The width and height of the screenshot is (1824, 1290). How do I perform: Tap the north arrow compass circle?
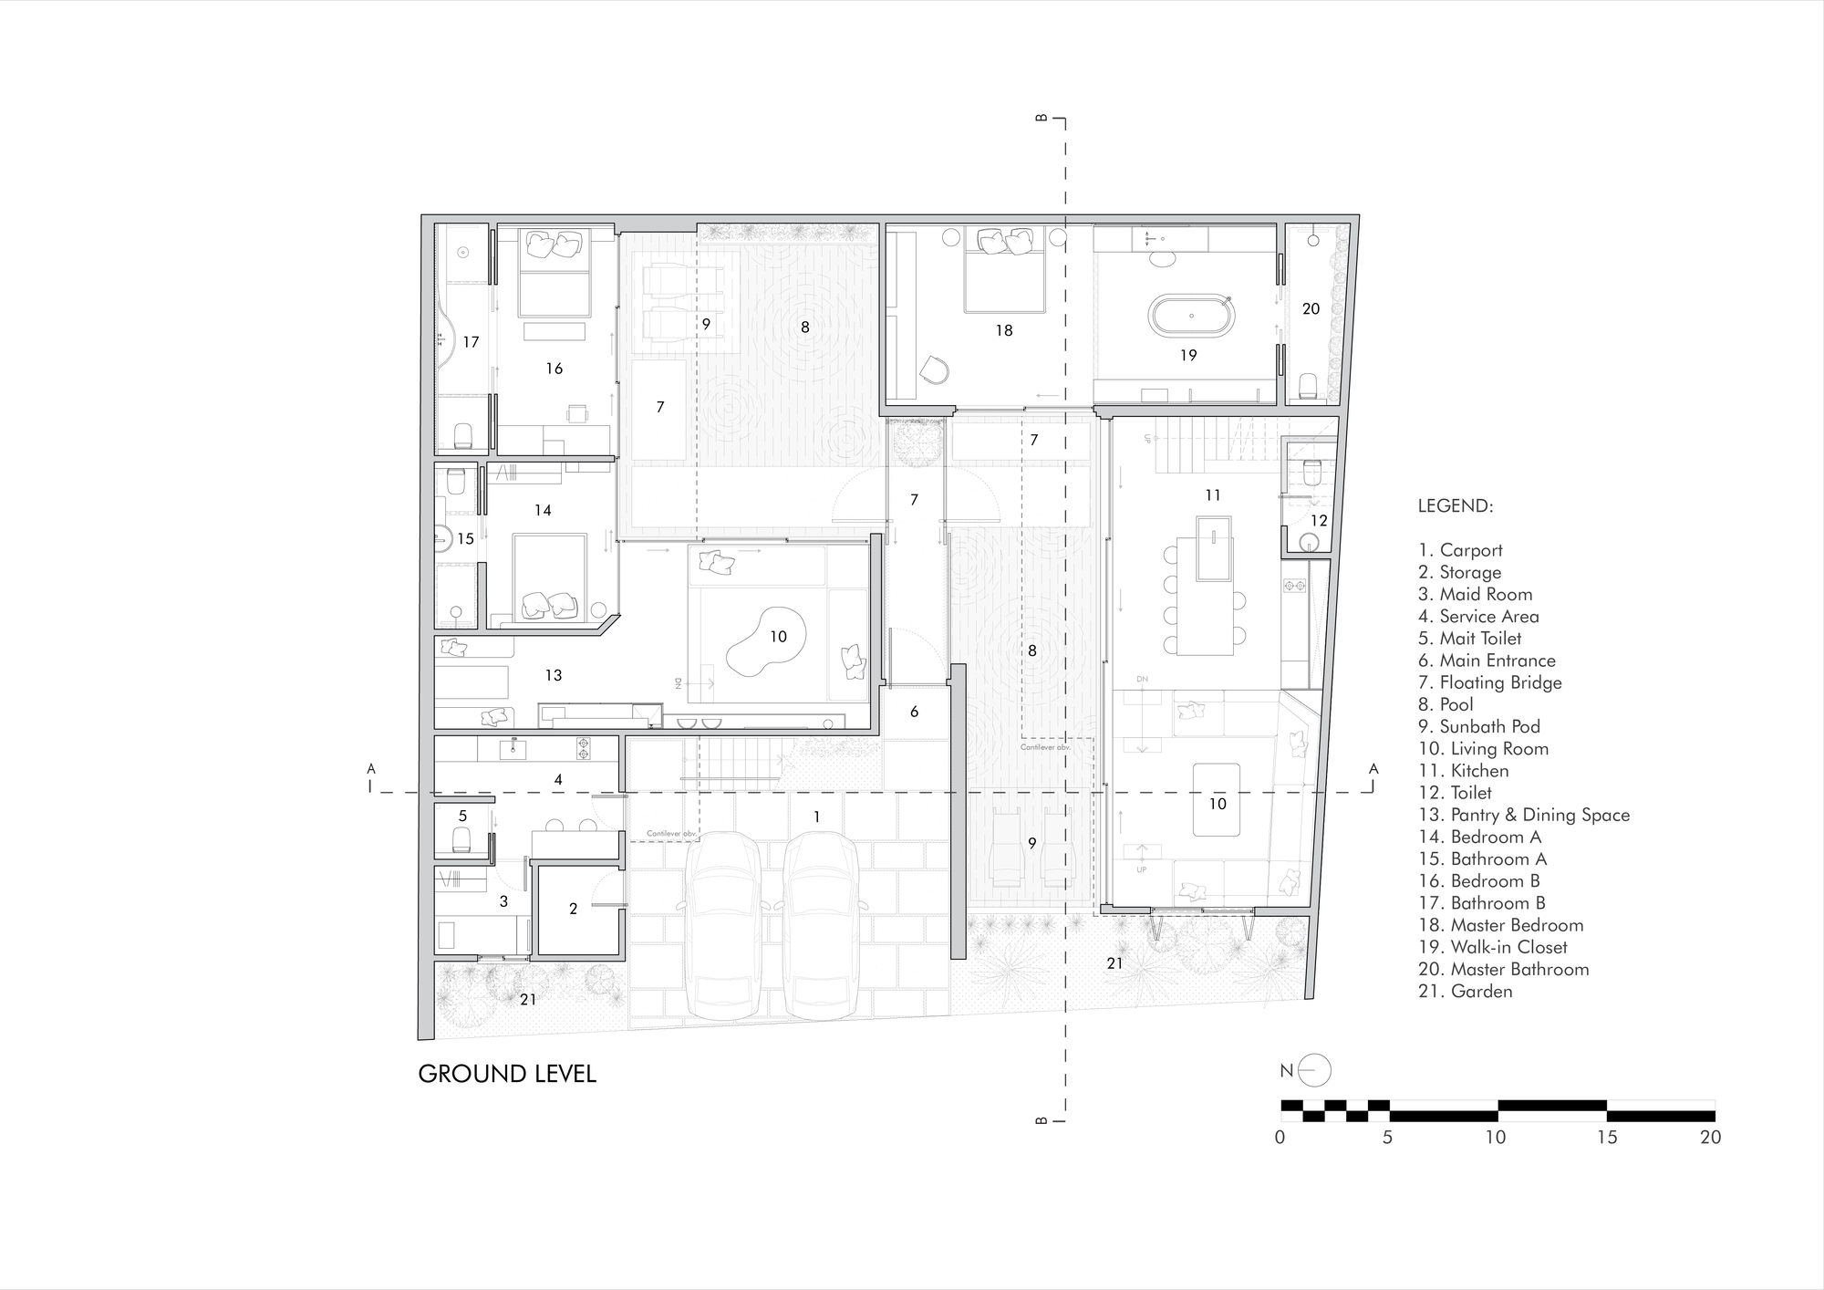pyautogui.click(x=1315, y=1071)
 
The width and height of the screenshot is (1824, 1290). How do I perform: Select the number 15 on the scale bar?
pyautogui.click(x=1607, y=1138)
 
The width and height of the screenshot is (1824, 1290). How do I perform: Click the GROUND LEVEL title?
pyautogui.click(x=507, y=1074)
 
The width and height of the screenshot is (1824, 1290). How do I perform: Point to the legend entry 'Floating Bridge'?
pyautogui.click(x=1490, y=682)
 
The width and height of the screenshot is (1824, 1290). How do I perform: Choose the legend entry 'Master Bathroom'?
pyautogui.click(x=1504, y=969)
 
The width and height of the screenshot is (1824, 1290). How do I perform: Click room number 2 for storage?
pyautogui.click(x=573, y=909)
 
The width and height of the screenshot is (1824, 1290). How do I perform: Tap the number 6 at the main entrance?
pyautogui.click(x=914, y=712)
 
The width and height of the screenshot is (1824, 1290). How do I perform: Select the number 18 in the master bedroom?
pyautogui.click(x=1004, y=330)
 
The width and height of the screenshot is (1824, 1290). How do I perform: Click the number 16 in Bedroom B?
pyautogui.click(x=554, y=369)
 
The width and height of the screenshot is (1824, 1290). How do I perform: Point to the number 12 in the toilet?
pyautogui.click(x=1319, y=521)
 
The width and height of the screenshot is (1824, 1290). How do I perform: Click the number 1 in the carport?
pyautogui.click(x=816, y=817)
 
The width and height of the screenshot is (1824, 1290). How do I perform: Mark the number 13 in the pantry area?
pyautogui.click(x=554, y=675)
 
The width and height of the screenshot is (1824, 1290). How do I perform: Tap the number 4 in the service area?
pyautogui.click(x=558, y=779)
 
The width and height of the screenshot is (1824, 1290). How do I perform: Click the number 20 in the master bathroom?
pyautogui.click(x=1311, y=308)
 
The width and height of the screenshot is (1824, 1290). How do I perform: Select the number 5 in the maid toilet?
pyautogui.click(x=462, y=817)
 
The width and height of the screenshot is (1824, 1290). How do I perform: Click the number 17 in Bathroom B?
pyautogui.click(x=471, y=342)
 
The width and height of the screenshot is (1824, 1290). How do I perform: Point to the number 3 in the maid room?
pyautogui.click(x=503, y=901)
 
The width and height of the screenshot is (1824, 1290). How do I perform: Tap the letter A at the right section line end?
pyautogui.click(x=1373, y=769)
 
